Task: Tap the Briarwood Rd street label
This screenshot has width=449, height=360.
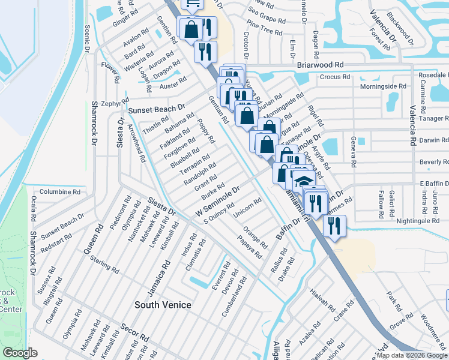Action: tap(320, 64)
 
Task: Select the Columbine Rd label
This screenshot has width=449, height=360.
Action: tap(60, 192)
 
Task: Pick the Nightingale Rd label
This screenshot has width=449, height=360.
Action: tap(418, 221)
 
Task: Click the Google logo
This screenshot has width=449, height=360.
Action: tap(20, 353)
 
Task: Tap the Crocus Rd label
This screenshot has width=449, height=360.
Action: tap(334, 77)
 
